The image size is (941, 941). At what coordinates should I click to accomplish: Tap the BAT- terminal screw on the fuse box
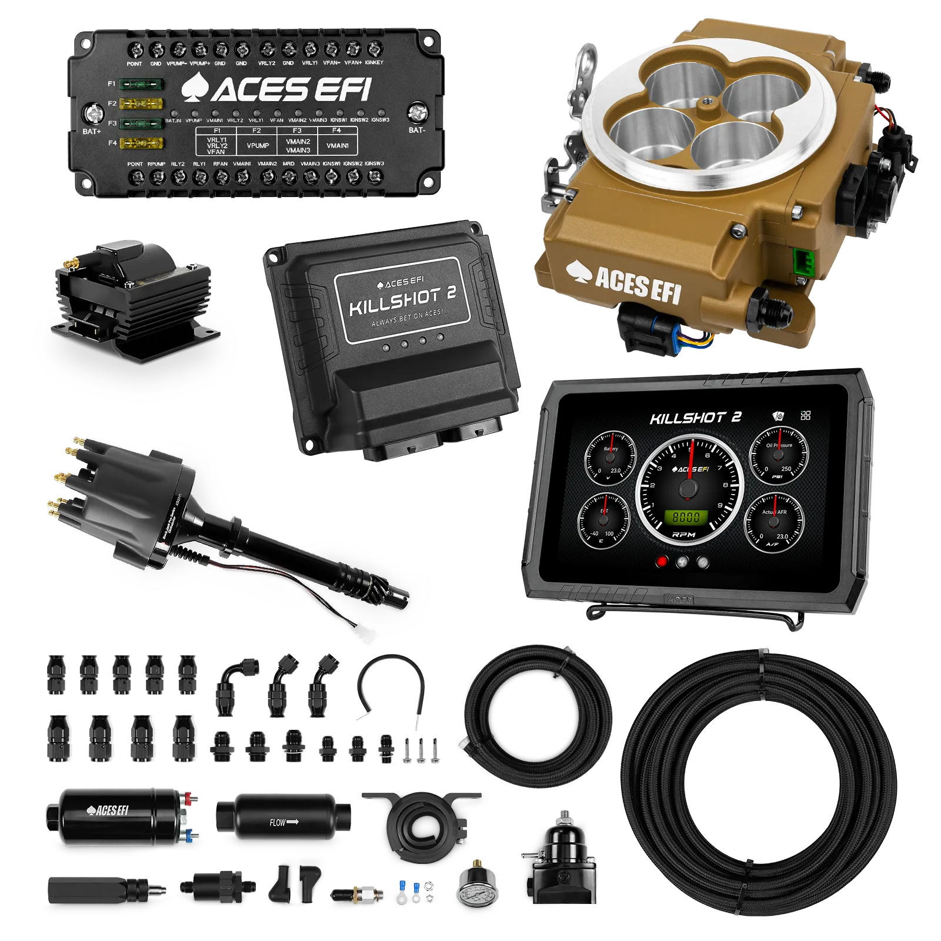point(417,111)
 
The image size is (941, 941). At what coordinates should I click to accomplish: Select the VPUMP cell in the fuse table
point(258,145)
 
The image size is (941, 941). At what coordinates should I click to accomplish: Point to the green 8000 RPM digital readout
point(686,517)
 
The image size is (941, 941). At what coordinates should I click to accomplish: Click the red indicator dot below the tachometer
point(662,561)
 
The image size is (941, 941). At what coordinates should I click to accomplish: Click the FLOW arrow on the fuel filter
point(284,822)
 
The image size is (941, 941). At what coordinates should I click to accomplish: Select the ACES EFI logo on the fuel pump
point(107,811)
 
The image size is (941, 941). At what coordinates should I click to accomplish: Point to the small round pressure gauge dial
point(476,894)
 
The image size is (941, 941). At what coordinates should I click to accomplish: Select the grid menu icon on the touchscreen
point(806,416)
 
